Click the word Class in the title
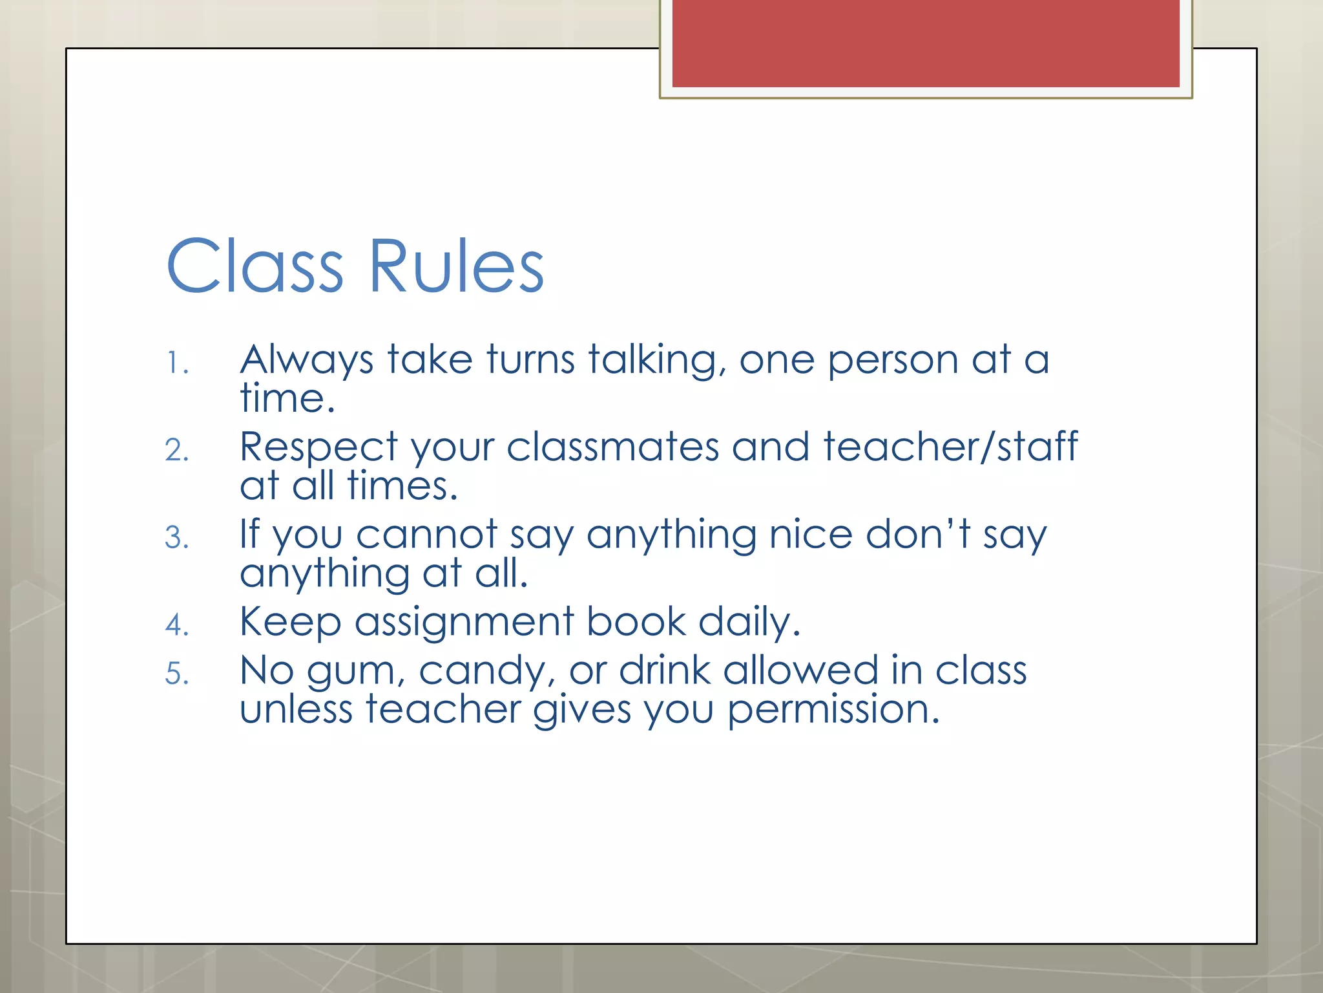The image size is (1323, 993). click(x=255, y=266)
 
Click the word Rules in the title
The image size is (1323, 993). click(x=456, y=266)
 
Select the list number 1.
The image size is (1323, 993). click(x=176, y=363)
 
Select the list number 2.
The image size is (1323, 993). click(x=176, y=451)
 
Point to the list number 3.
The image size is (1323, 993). click(x=176, y=538)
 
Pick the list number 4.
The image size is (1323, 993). click(x=176, y=625)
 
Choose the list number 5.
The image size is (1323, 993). click(x=176, y=674)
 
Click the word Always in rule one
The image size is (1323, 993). click(x=306, y=360)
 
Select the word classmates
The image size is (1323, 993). click(x=612, y=447)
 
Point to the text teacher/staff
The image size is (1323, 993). click(x=950, y=447)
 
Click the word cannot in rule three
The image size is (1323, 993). click(x=426, y=535)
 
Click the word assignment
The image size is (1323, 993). click(x=464, y=623)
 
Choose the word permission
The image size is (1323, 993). click(x=833, y=710)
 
